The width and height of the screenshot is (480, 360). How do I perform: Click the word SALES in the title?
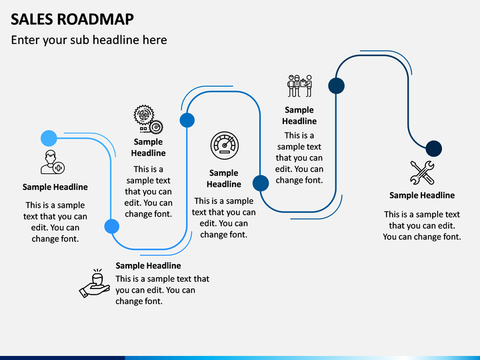[32, 19]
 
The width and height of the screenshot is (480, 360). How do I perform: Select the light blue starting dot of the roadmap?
[49, 139]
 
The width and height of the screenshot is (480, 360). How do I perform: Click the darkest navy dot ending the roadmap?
[434, 149]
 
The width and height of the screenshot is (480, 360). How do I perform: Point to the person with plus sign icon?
[53, 162]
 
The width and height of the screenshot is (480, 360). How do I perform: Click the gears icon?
[148, 119]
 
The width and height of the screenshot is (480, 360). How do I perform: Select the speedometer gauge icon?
[225, 146]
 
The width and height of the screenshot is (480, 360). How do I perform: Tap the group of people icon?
[300, 86]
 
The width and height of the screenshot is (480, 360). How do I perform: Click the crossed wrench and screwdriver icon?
[422, 173]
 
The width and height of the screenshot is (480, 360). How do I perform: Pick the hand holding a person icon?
[94, 283]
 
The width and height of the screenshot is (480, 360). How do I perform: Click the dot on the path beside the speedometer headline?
[261, 183]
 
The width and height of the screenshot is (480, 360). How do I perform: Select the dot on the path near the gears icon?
[187, 120]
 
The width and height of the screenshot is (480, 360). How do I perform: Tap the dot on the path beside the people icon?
[337, 86]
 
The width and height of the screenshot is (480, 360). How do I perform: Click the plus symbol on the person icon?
[59, 168]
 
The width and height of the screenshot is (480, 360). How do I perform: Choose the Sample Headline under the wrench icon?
[422, 195]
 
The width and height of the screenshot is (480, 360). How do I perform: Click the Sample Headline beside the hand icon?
[148, 266]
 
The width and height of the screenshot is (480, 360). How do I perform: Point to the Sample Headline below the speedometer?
[224, 179]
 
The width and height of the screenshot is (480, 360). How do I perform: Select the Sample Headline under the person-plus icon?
[55, 187]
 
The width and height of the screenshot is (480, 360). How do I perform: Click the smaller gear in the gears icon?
[157, 127]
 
